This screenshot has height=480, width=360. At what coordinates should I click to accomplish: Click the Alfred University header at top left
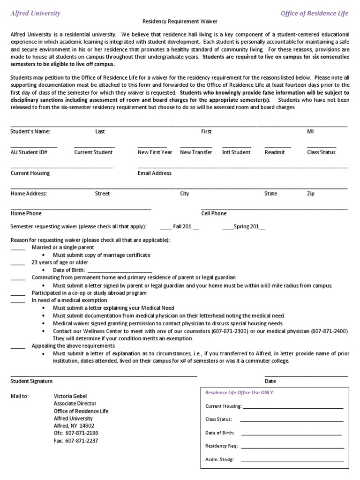point(36,13)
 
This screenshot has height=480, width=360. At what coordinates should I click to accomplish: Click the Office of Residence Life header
point(315,13)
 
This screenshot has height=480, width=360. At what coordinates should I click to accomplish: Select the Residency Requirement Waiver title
point(180,22)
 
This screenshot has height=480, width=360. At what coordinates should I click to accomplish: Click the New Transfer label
point(196,152)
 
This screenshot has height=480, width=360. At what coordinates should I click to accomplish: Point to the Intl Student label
point(236,152)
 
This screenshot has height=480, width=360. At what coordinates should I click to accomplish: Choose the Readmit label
point(275,152)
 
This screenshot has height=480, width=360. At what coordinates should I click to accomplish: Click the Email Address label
point(155,173)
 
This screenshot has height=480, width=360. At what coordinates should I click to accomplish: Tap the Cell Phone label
point(214,213)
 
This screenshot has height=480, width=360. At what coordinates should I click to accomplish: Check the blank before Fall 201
point(166,227)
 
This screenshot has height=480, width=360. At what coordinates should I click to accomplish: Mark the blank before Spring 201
point(227,227)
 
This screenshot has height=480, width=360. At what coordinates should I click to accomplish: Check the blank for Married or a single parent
point(18,247)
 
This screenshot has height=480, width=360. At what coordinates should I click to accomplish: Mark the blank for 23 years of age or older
point(18,262)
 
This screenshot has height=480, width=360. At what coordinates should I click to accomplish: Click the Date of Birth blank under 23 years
point(120,270)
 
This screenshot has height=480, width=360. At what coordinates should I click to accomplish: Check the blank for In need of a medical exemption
point(18,300)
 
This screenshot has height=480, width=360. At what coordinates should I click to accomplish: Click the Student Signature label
point(32,382)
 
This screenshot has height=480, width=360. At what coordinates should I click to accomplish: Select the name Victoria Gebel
point(70,396)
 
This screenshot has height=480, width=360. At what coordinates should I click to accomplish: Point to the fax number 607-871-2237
point(82,441)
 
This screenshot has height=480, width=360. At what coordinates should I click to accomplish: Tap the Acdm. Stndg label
point(219,460)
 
